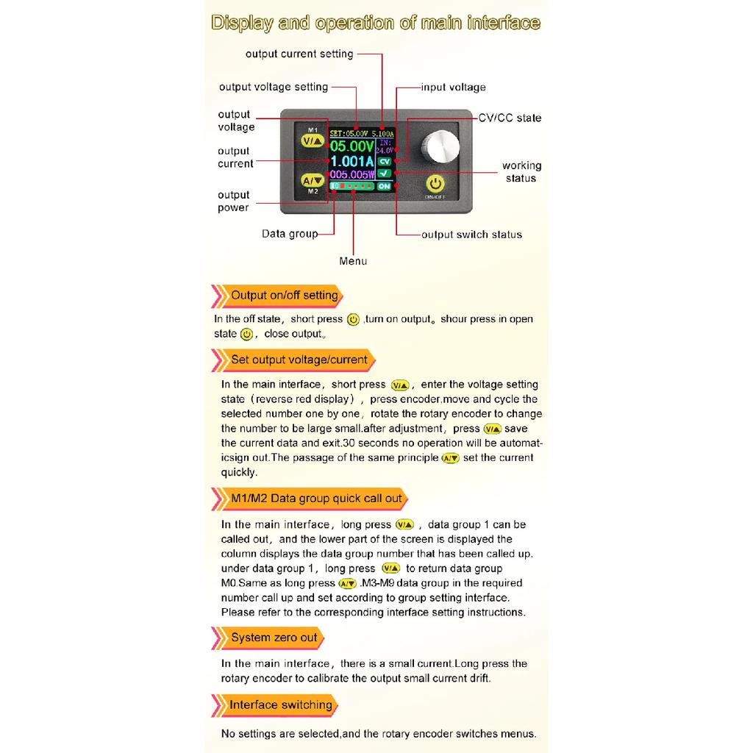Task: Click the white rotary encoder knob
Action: point(440,146)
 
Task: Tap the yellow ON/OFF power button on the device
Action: point(435,183)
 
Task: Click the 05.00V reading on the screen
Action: point(352,146)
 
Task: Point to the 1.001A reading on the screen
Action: point(352,161)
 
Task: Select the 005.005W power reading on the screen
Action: point(352,174)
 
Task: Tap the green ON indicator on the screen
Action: point(384,186)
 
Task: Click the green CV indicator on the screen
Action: point(384,162)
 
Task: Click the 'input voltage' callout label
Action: point(453,88)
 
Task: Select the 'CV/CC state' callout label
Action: point(510,118)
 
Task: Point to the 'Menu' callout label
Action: point(353,261)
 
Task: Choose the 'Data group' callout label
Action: point(290,234)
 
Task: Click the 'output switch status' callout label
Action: point(471,235)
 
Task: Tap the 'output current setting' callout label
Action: point(299,54)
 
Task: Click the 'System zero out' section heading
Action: point(274,638)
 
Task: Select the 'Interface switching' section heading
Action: point(280,705)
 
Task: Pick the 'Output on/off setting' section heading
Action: point(285,296)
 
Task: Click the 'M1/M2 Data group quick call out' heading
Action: point(316,499)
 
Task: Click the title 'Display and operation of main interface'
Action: point(376,23)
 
